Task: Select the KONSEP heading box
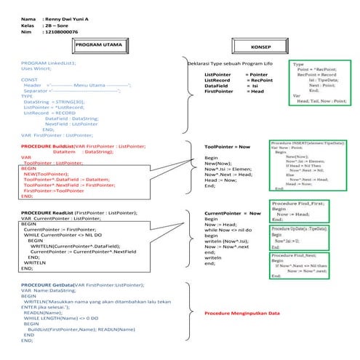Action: click(x=260, y=47)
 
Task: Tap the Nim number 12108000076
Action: click(x=61, y=33)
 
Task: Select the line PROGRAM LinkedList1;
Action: click(x=47, y=64)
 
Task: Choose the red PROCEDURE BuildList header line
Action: click(x=82, y=146)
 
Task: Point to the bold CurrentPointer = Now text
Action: click(x=233, y=213)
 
